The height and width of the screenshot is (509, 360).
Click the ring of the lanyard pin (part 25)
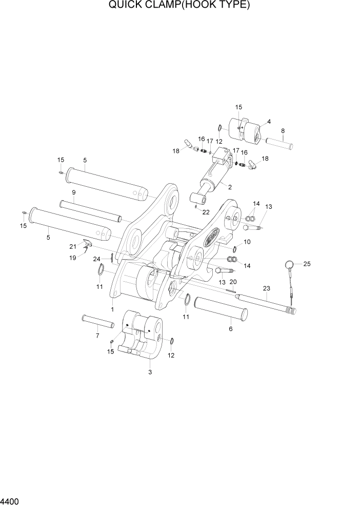coord(290,265)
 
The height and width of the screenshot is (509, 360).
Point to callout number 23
coord(266,288)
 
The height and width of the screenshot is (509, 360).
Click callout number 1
coord(112,309)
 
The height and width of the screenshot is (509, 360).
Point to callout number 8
coord(283,130)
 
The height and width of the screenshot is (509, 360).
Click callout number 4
coord(269,122)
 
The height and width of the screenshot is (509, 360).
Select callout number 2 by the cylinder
coord(230,187)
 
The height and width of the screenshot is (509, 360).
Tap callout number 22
coord(206,212)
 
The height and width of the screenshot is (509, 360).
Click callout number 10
coord(247,242)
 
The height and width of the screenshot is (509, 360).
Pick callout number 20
coord(234,282)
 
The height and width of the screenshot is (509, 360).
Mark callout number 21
coord(73,246)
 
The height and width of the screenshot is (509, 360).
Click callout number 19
coord(73,257)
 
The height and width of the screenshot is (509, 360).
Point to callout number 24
coord(96,259)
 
